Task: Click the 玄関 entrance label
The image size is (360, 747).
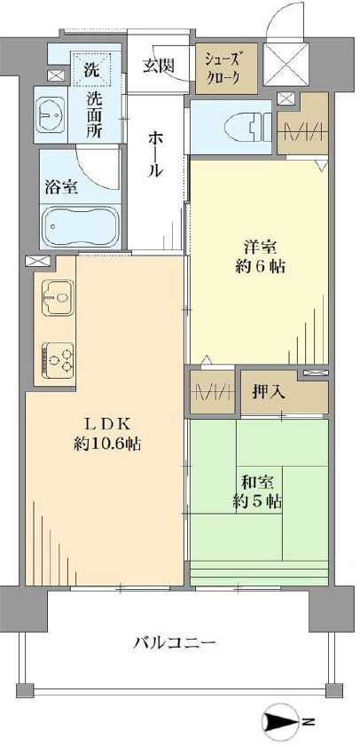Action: click(160, 67)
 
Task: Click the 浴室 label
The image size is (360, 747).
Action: click(60, 187)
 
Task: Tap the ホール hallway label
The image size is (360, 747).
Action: click(156, 152)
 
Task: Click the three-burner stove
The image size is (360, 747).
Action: click(57, 359)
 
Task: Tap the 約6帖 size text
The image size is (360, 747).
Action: click(258, 265)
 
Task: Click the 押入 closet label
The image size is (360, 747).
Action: click(269, 390)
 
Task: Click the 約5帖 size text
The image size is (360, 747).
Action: click(258, 501)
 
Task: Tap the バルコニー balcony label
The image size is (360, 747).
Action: click(175, 642)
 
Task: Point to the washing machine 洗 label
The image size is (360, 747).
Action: click(92, 68)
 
